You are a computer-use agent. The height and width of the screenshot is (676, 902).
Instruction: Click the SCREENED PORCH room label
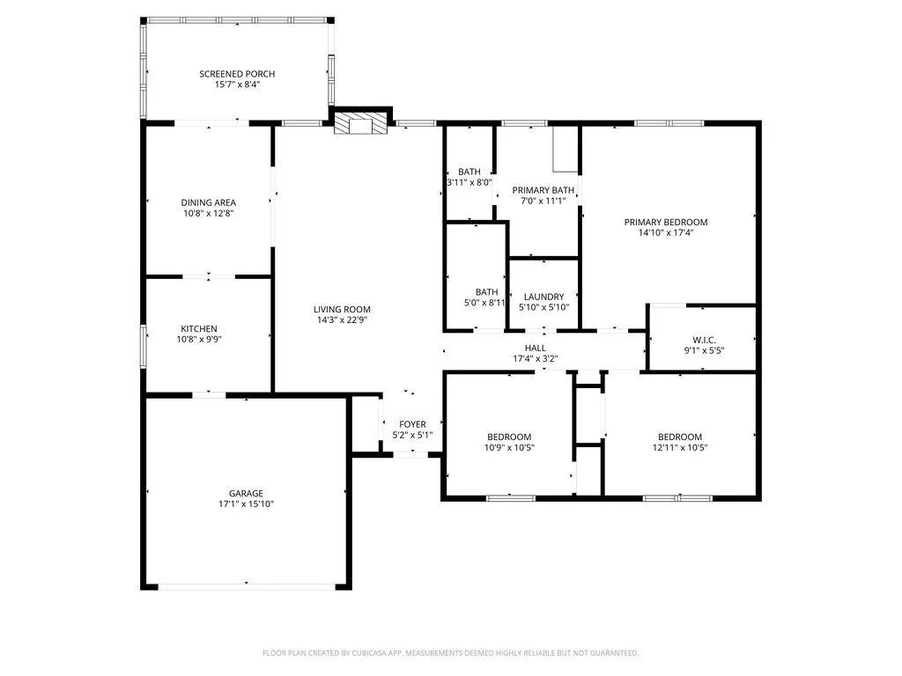[x=237, y=74]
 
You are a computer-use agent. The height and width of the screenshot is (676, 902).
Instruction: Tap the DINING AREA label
[x=208, y=202]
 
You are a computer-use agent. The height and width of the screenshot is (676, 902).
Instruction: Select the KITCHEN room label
[x=199, y=329]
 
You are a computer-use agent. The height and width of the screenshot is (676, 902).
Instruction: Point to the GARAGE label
[x=247, y=493]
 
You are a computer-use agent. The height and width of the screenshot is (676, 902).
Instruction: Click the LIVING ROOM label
[x=342, y=309]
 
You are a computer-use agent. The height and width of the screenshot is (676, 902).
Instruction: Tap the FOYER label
[x=412, y=424]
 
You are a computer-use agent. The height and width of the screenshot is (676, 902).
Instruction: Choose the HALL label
[x=536, y=348]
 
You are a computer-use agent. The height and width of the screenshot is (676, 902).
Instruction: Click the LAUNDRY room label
[x=544, y=297]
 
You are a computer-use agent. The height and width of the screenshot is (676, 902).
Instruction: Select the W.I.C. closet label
[x=704, y=340]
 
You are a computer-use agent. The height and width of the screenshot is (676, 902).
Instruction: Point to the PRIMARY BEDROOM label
[x=666, y=222]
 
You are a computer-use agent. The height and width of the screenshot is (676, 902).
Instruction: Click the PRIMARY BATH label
[x=543, y=190]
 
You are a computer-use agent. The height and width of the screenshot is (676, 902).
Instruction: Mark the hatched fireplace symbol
[x=361, y=123]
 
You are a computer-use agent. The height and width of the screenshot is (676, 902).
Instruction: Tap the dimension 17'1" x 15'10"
[x=247, y=504]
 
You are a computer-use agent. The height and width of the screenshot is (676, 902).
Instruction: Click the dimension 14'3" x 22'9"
[x=342, y=320]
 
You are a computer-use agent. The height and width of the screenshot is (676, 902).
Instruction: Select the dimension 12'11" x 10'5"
[x=680, y=448]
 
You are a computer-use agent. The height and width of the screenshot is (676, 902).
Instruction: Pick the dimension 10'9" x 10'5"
[x=510, y=448]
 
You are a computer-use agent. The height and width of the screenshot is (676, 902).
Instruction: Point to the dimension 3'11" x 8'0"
[x=469, y=183]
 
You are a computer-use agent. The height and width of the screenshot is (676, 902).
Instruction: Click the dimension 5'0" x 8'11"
[x=485, y=303]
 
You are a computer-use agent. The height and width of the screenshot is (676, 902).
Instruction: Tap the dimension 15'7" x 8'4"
[x=238, y=84]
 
